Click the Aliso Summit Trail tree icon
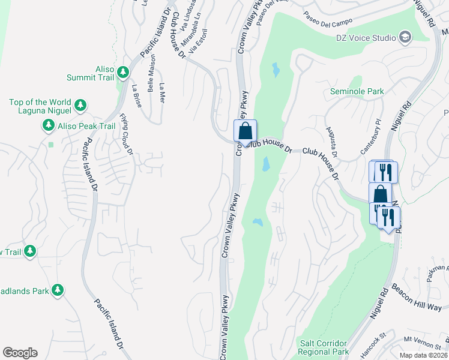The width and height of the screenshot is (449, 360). tap(123, 73)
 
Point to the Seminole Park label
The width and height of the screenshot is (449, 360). tap(357, 92)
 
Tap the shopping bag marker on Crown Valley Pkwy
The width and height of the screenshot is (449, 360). tap(245, 130)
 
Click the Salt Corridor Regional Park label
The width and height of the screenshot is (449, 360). tap(324, 347)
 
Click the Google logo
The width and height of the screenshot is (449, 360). tap(20, 353)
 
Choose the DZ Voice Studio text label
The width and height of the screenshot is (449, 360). tap(366, 38)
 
